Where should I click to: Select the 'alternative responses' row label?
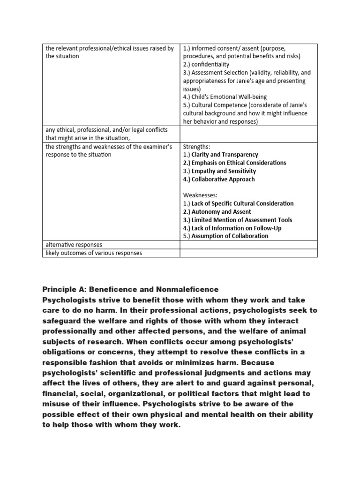point(74,245)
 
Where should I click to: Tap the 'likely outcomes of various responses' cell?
point(94,253)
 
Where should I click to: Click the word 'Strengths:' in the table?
point(197,146)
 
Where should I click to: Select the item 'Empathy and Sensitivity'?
point(224,171)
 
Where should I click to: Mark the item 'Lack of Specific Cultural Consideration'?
point(242,203)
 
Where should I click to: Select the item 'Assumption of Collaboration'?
point(230,236)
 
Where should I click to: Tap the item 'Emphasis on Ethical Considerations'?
point(239,163)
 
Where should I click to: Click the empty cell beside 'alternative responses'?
point(248,245)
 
